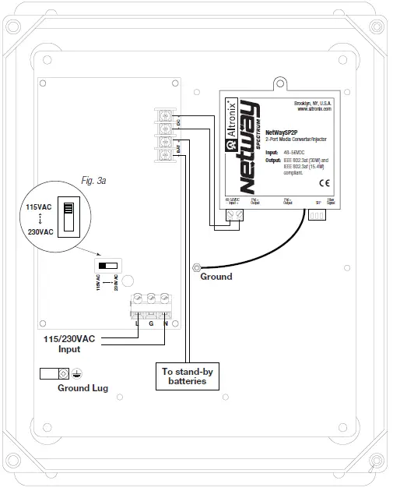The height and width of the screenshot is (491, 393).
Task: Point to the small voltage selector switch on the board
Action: point(107,265)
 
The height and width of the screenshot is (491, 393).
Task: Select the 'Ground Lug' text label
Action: point(82,387)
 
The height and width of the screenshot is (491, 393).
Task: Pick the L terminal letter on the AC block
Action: point(138,322)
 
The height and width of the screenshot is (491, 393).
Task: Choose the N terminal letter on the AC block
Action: point(166,322)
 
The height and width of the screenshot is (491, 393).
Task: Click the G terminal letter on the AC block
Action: point(152,322)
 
